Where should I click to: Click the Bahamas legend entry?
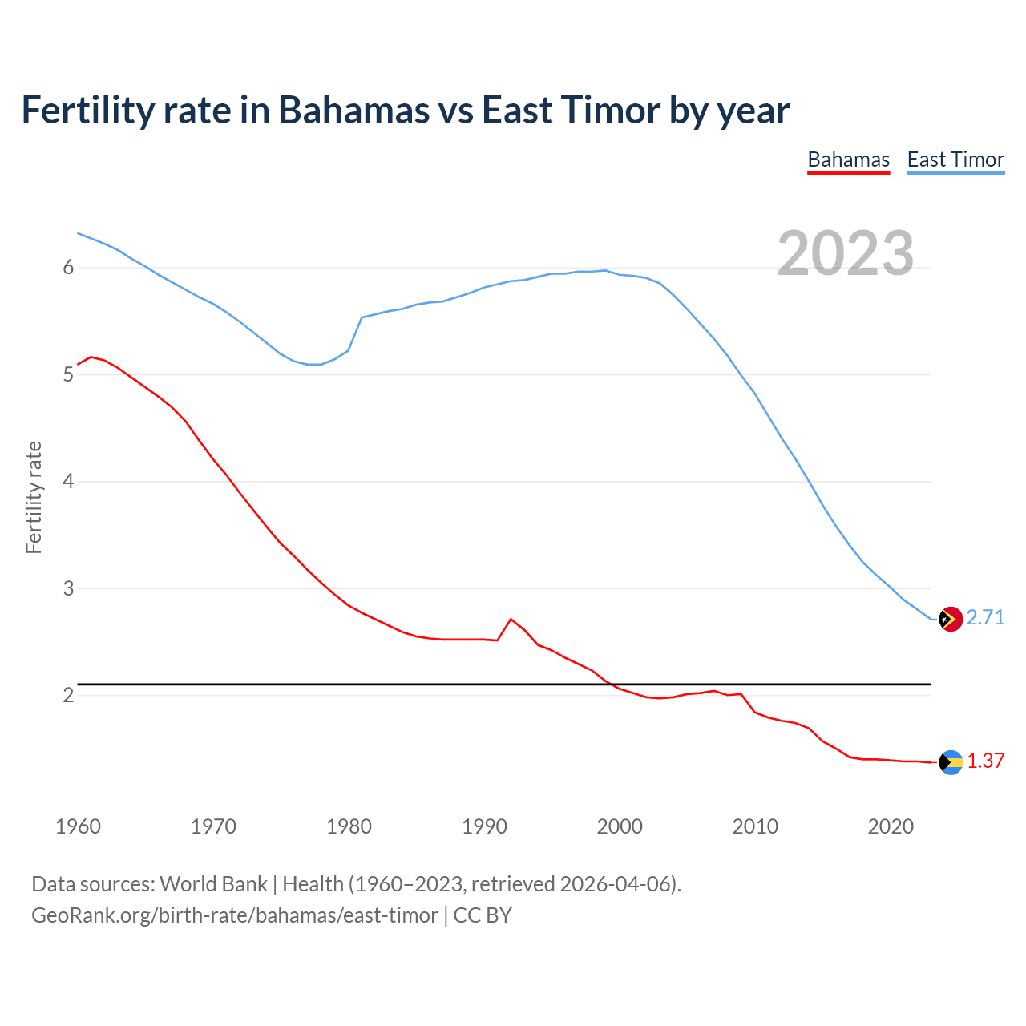tap(848, 160)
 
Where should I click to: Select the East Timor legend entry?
tap(955, 160)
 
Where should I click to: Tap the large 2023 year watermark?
tap(845, 253)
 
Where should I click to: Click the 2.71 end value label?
tap(985, 617)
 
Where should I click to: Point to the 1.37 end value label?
tap(985, 761)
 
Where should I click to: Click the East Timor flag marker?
tap(950, 619)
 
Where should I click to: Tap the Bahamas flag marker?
tap(950, 762)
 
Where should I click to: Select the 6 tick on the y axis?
tap(68, 268)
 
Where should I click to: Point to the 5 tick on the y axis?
tap(68, 374)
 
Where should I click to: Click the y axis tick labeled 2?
tap(68, 695)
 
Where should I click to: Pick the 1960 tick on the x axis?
tap(78, 826)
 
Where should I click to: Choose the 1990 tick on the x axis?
tap(484, 826)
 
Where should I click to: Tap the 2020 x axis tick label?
tap(891, 826)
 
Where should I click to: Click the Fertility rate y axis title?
tap(34, 497)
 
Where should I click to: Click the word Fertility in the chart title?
tap(86, 110)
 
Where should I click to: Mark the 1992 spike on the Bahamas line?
tap(511, 619)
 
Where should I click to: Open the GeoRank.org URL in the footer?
tap(234, 915)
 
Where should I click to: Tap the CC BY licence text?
tap(483, 915)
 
